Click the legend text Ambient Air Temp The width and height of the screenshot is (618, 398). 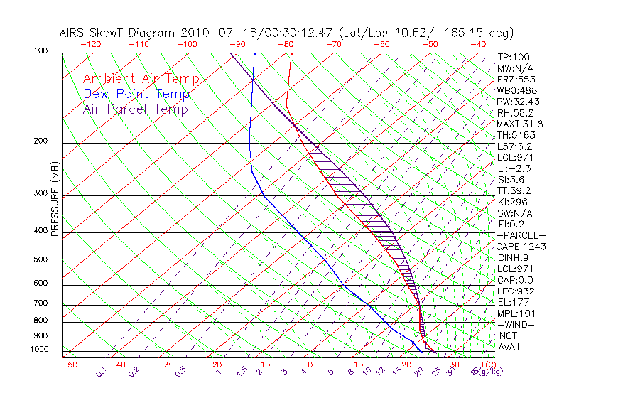pyautogui.click(x=141, y=79)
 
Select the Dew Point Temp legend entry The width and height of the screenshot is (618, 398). pyautogui.click(x=136, y=94)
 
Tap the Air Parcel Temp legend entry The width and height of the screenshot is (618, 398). pyautogui.click(x=136, y=109)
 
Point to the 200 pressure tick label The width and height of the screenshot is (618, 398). pyautogui.click(x=40, y=141)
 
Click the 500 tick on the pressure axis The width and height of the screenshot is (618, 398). pyautogui.click(x=40, y=259)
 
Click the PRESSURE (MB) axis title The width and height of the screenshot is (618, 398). pyautogui.click(x=54, y=203)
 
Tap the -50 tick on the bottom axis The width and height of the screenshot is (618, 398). pyautogui.click(x=69, y=365)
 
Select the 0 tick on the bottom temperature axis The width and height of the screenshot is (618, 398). pyautogui.click(x=310, y=365)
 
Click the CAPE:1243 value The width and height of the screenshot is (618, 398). pyautogui.click(x=521, y=247)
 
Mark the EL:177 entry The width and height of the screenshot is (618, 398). pyautogui.click(x=513, y=302)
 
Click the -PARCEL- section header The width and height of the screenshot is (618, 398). pyautogui.click(x=521, y=235)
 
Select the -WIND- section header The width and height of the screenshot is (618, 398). pyautogui.click(x=516, y=324)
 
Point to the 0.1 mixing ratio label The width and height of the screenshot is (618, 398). pyautogui.click(x=101, y=371)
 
